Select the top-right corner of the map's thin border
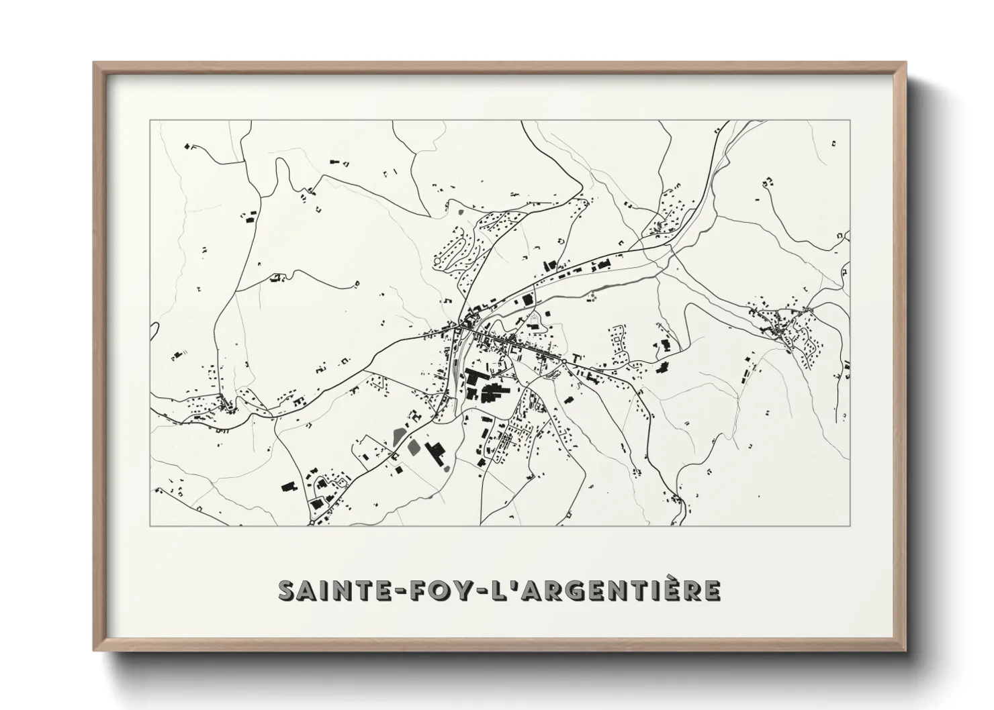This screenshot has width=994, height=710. [x=850, y=121]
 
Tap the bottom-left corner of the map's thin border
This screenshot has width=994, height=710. [x=151, y=525]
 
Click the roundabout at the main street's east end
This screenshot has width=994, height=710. [x=565, y=362]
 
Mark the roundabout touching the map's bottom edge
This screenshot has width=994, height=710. [x=312, y=521]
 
